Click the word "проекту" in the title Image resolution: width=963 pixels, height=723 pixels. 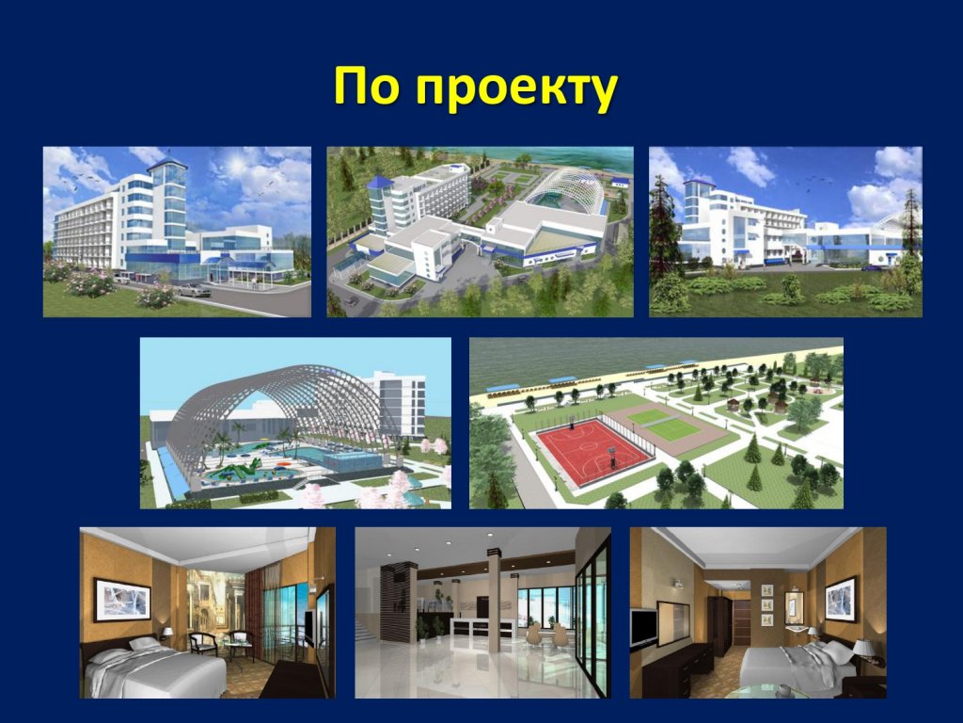coord(516,90)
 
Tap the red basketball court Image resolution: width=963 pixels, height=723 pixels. coord(592,445)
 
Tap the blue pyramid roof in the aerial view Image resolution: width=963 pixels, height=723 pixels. coord(378,183)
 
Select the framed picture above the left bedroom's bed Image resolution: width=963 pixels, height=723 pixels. coord(122,599)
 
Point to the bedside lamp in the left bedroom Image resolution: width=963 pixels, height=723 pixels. coord(167,635)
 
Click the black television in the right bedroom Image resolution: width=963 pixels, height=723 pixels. coord(643,628)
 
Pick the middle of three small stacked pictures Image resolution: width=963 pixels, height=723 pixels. coord(766,604)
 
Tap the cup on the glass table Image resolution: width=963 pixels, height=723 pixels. coord(783,692)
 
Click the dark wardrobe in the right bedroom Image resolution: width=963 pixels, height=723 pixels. coord(719,625)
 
